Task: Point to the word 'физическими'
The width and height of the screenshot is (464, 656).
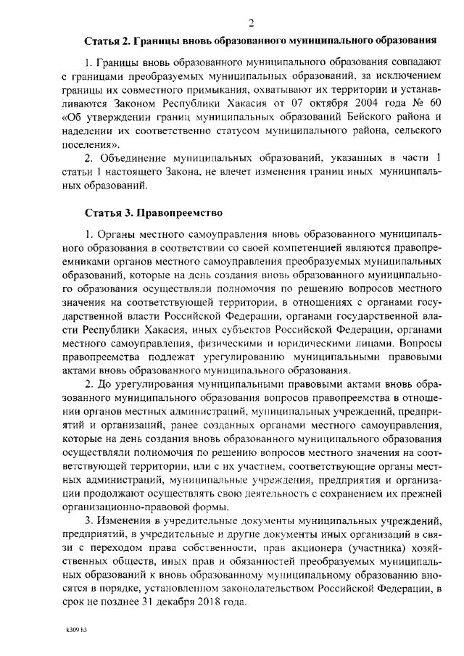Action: click(250, 326)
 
